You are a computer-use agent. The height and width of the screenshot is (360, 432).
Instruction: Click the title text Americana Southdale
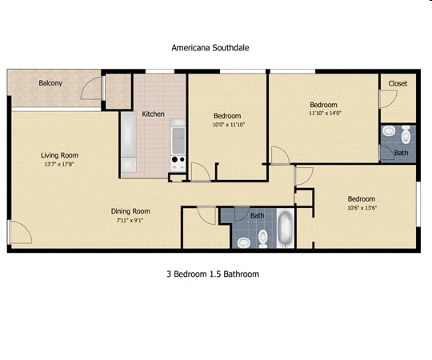210,47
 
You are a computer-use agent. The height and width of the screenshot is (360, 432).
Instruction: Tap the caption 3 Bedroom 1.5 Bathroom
212,274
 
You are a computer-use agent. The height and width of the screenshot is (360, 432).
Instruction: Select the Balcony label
50,83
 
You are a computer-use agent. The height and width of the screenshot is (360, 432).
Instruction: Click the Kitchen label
153,114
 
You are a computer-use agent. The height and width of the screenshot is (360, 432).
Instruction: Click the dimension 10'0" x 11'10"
227,125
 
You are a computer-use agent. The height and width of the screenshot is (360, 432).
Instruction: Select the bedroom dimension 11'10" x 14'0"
324,114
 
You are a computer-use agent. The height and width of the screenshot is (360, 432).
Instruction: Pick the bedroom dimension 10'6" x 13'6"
361,209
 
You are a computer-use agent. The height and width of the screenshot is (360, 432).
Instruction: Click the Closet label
398,84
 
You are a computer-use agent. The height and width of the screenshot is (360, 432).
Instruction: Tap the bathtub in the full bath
284,228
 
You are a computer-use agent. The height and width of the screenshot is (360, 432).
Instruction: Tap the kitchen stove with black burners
177,163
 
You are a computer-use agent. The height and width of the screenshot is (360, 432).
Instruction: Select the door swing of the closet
386,99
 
